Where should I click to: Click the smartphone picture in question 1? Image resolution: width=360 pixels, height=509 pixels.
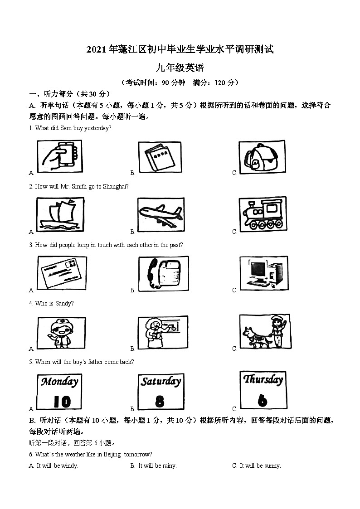pyautogui.click(x=59, y=156)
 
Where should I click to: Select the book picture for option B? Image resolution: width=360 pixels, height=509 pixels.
pyautogui.click(x=160, y=157)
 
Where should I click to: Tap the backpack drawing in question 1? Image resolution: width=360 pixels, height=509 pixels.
pyautogui.click(x=262, y=157)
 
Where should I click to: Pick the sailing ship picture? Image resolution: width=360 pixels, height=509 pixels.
pyautogui.click(x=59, y=214)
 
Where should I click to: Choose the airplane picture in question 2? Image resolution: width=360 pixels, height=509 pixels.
pyautogui.click(x=161, y=214)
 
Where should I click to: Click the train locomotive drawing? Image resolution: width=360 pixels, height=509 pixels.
pyautogui.click(x=262, y=214)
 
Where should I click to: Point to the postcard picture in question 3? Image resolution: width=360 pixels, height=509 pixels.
pyautogui.click(x=61, y=273)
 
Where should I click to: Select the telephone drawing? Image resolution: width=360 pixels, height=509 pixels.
pyautogui.click(x=161, y=273)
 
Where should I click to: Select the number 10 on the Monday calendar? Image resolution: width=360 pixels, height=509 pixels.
pyautogui.click(x=59, y=401)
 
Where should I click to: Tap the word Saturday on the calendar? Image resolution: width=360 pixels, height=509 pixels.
pyautogui.click(x=161, y=382)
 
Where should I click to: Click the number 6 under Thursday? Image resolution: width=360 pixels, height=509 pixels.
pyautogui.click(x=263, y=400)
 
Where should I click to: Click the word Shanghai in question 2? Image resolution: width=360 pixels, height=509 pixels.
pyautogui.click(x=115, y=186)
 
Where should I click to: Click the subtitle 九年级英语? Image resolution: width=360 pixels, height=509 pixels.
pyautogui.click(x=180, y=68)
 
